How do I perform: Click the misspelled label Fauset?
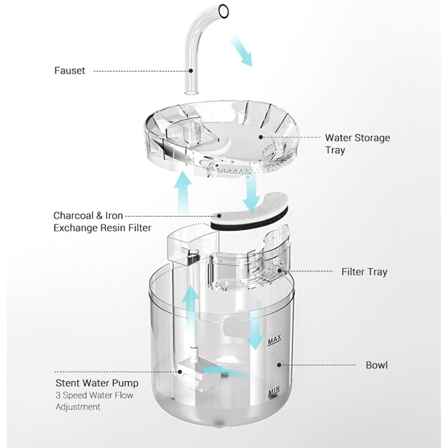click(x=69, y=71)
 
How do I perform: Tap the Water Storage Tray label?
click(x=357, y=143)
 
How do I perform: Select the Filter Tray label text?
click(x=364, y=272)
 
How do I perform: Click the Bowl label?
click(x=376, y=365)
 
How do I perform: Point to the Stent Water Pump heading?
click(x=96, y=384)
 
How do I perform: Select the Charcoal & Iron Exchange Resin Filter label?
click(x=102, y=222)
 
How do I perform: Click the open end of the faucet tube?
click(x=223, y=11)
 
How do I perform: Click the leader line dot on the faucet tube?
click(x=192, y=71)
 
